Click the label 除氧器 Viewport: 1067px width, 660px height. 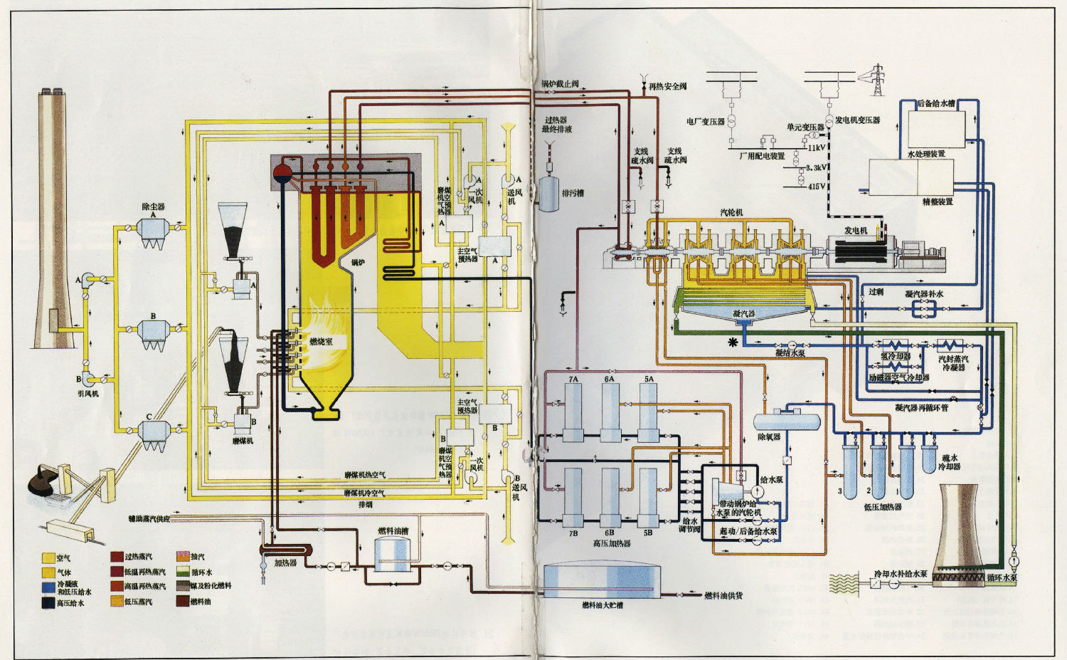769,437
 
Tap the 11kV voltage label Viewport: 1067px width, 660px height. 817,148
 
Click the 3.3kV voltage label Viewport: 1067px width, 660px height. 817,168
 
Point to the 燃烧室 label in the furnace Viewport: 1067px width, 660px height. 321,342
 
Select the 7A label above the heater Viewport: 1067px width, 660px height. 573,379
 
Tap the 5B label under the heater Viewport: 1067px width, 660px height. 648,533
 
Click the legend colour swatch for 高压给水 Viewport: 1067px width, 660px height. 48,602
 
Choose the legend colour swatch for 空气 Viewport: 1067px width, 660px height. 48,557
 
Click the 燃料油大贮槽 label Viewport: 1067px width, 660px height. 602,605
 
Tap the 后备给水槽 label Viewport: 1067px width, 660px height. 936,104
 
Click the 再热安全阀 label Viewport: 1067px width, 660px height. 667,86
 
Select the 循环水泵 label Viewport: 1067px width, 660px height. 1002,577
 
